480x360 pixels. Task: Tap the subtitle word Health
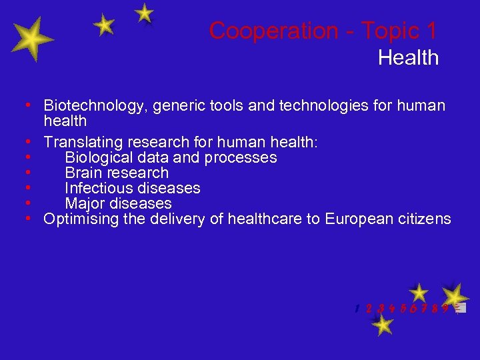coord(408,58)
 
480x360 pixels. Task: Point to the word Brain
coord(83,173)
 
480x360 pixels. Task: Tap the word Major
coord(85,203)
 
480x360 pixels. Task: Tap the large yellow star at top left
coord(31,40)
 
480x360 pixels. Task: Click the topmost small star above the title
coord(144,13)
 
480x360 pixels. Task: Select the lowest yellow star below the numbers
coord(382,325)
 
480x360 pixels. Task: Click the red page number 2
coord(369,309)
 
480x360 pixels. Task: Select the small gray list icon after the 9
coord(460,308)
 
